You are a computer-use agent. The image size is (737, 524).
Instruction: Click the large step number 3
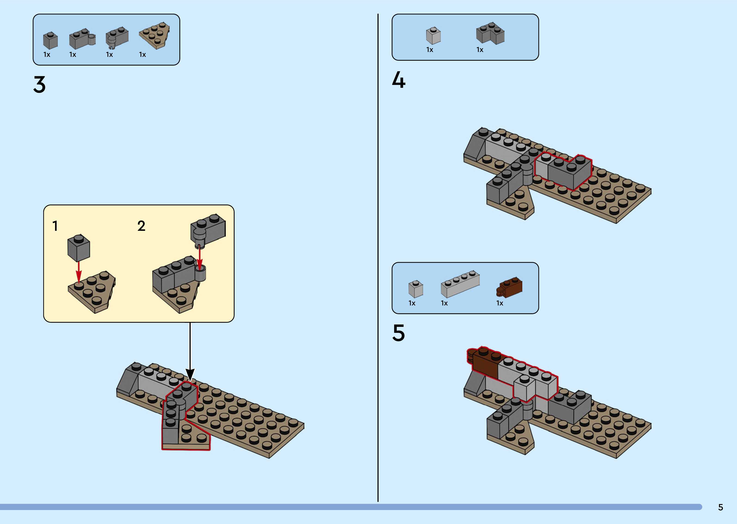coord(39,85)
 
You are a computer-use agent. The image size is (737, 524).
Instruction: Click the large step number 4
coord(399,80)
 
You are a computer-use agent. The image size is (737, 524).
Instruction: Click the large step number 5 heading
coord(398,333)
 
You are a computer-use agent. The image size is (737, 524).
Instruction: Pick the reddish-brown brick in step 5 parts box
coord(510,287)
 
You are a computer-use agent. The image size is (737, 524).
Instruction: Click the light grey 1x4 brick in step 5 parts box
coord(460,284)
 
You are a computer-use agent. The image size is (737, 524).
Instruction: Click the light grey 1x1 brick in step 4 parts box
coord(433,36)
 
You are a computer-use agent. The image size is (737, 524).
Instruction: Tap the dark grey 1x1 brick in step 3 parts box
coord(50,40)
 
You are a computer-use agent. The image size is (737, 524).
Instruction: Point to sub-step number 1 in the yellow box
coord(55,226)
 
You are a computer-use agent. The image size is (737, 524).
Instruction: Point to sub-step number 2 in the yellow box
coord(141,226)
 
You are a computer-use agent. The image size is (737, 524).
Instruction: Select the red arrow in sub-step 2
coord(200,258)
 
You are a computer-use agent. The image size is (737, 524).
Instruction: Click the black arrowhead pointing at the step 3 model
coord(190,375)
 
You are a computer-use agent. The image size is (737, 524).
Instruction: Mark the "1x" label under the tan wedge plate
coord(143,55)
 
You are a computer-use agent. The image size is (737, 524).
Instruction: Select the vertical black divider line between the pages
coord(378,258)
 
